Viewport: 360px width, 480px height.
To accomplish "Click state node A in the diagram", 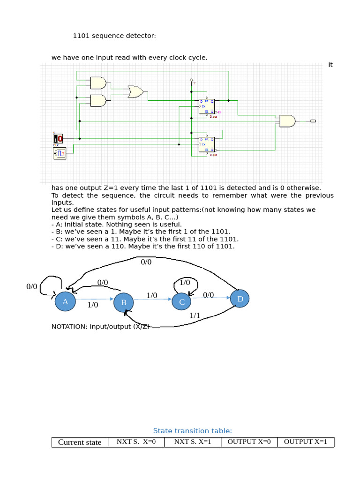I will tap(65, 301).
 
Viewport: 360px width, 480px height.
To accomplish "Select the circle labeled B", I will tap(124, 302).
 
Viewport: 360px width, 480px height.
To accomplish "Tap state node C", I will tap(182, 302).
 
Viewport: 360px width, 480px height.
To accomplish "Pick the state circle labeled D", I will tap(240, 299).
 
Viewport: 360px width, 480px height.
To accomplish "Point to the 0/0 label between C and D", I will tap(209, 295).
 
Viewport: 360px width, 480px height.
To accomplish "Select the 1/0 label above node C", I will tap(185, 283).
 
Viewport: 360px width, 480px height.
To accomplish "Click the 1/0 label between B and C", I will tap(152, 295).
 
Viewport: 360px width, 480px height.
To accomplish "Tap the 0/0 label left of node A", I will tap(32, 286).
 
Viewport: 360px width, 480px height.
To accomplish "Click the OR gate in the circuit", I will tap(135, 92).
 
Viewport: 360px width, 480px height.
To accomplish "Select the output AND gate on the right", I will tap(287, 121).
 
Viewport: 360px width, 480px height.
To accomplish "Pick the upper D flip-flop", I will tap(207, 106).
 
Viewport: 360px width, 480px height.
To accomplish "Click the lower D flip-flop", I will tap(207, 144).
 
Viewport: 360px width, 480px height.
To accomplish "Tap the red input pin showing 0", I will tap(58, 138).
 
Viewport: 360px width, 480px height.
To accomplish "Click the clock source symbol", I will tap(60, 153).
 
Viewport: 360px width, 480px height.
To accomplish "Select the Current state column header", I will tap(80, 442).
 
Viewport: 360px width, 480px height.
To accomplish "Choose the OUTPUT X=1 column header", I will tap(306, 442).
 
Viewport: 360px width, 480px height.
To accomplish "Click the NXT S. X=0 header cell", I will tap(136, 442).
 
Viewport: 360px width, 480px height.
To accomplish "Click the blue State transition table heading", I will tap(193, 431).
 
